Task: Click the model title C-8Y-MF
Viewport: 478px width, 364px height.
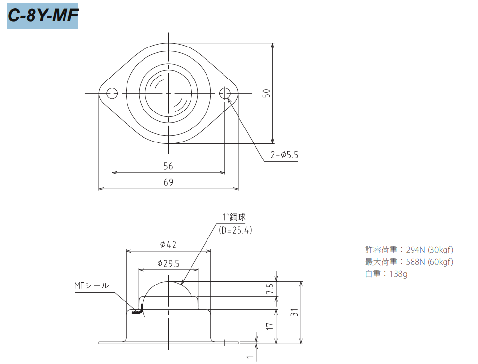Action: click(43, 16)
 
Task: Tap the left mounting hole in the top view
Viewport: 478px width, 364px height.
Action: click(112, 93)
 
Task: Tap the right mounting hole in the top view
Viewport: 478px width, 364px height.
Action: click(225, 93)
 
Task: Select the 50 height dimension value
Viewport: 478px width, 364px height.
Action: click(266, 93)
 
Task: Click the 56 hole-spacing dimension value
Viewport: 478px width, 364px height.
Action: click(168, 166)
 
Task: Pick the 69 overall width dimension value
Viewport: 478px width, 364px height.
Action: click(168, 182)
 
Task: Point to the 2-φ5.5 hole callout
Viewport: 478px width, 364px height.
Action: click(285, 155)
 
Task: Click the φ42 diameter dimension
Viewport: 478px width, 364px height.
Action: click(168, 244)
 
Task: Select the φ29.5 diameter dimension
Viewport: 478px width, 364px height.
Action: click(168, 263)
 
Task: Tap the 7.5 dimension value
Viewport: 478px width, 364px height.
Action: click(270, 289)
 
